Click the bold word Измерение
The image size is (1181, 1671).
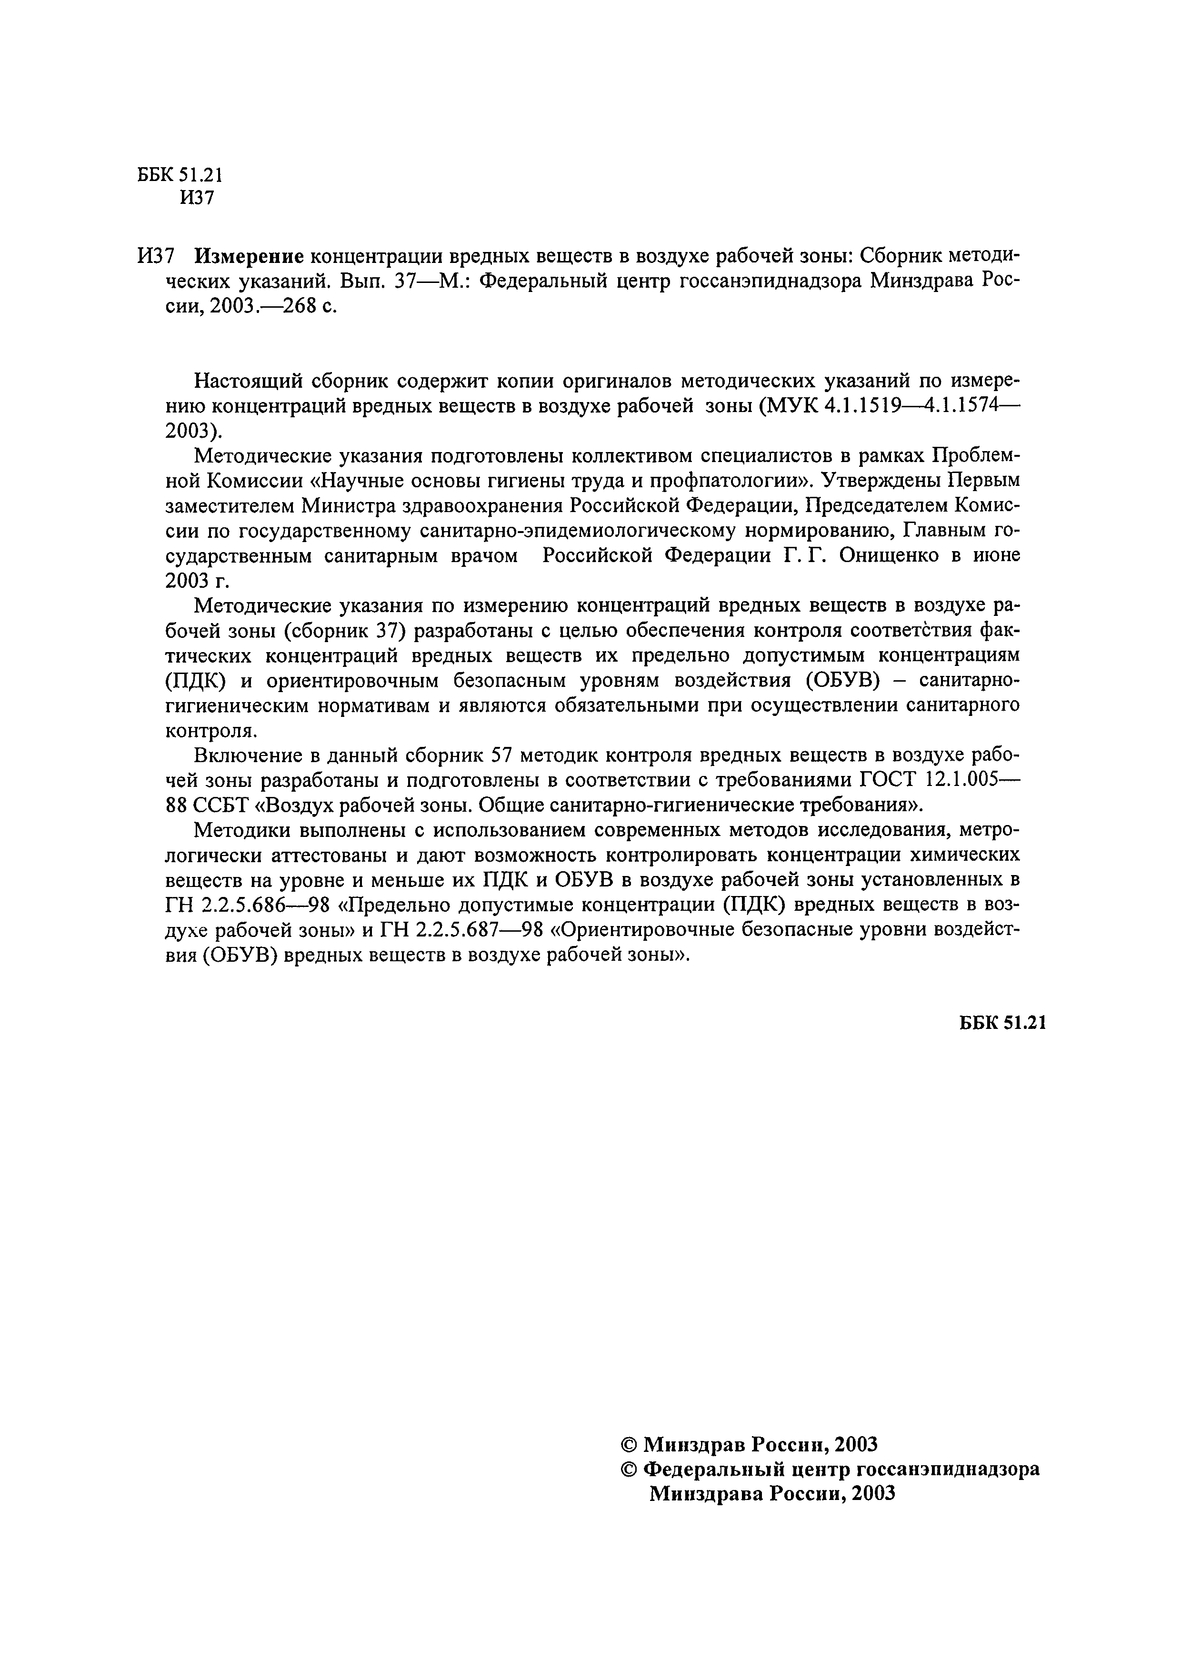tap(249, 256)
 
